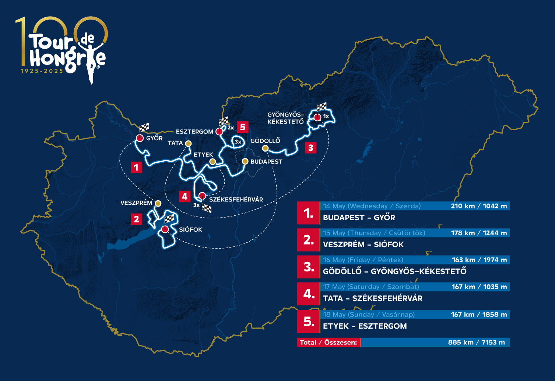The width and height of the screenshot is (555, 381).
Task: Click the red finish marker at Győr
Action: click(x=140, y=138)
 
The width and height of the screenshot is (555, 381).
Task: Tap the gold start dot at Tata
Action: click(x=188, y=143)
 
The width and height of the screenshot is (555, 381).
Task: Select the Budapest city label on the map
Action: click(x=266, y=162)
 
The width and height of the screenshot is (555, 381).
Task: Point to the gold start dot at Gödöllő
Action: click(x=265, y=148)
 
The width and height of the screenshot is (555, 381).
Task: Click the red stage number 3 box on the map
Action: click(x=310, y=148)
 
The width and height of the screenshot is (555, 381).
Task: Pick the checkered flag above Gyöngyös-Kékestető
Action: click(x=322, y=107)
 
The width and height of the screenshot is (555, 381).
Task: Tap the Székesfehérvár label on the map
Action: click(x=236, y=200)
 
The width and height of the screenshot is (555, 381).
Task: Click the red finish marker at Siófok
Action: click(x=165, y=229)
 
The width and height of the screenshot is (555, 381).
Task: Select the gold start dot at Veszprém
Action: click(x=158, y=203)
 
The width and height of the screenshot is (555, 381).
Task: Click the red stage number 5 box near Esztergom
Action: click(x=243, y=127)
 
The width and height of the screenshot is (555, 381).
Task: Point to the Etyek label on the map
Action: click(x=203, y=155)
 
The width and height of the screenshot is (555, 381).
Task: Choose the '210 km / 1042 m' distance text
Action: click(x=479, y=206)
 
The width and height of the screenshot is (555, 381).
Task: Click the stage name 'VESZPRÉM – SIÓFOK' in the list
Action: click(x=363, y=245)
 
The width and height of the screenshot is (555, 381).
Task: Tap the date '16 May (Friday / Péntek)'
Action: click(x=363, y=260)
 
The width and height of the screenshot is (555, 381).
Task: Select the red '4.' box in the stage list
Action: click(x=309, y=294)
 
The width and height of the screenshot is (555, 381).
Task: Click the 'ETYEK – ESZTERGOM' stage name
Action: click(x=365, y=326)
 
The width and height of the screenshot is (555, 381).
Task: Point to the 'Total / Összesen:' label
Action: click(x=328, y=342)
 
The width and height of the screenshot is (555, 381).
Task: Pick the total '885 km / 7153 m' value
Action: click(x=476, y=342)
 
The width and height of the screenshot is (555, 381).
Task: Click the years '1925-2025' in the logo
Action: click(x=42, y=71)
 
